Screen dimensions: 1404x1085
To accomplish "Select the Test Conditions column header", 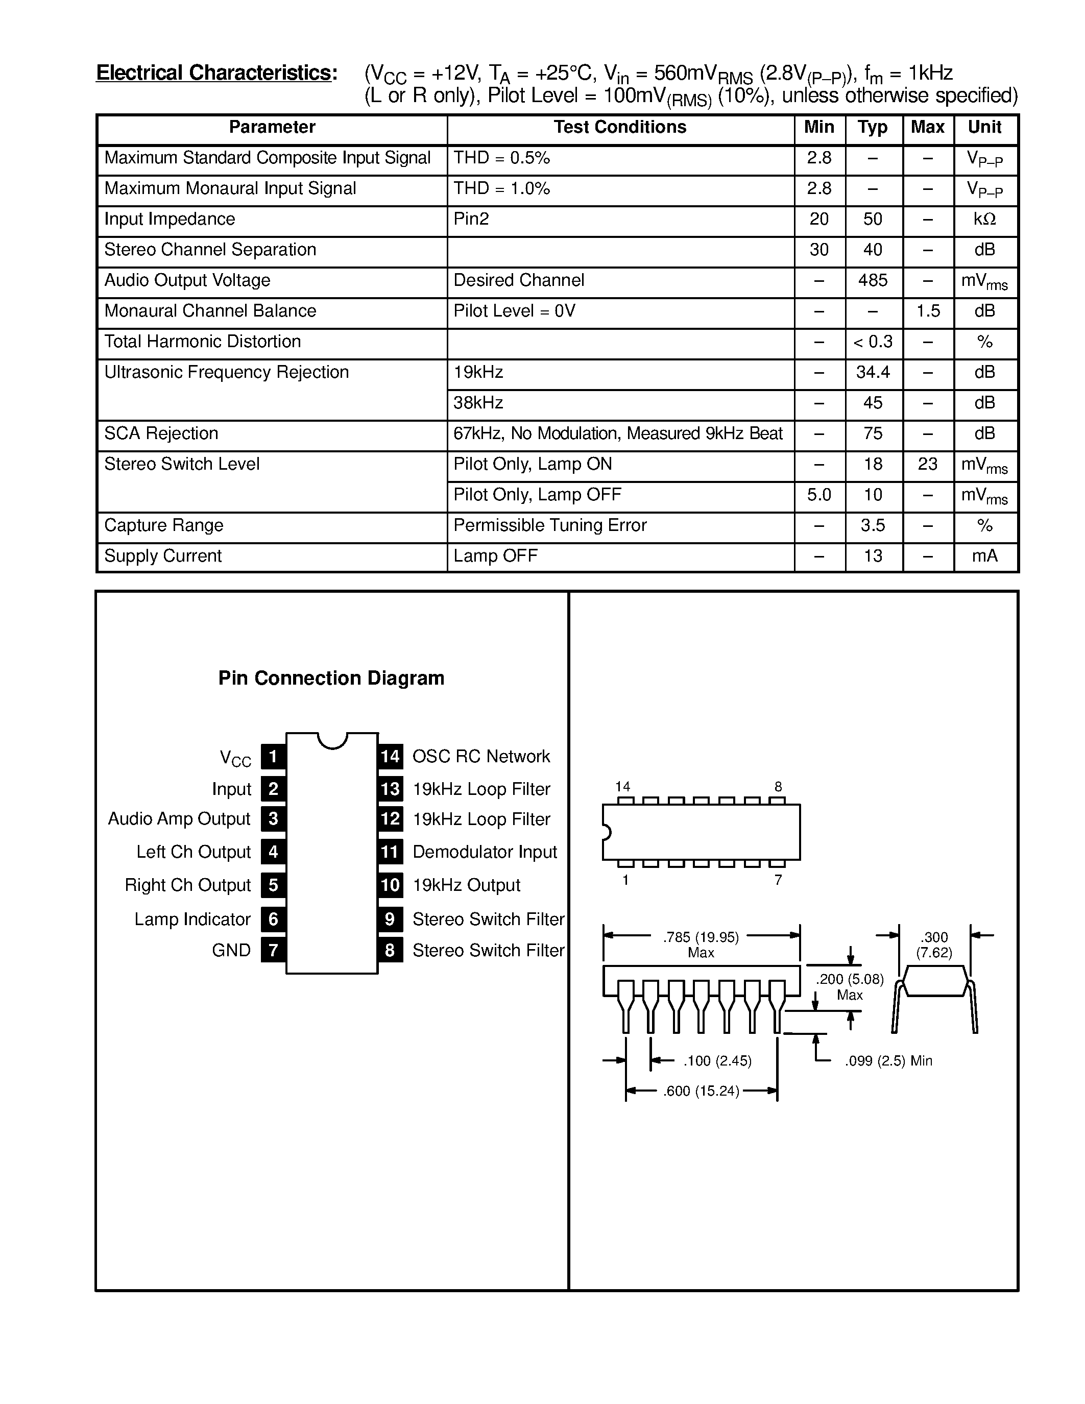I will (x=620, y=127).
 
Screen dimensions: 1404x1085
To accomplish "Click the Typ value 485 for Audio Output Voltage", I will (x=872, y=280).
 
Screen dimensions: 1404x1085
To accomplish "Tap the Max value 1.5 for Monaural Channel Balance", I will (x=928, y=311).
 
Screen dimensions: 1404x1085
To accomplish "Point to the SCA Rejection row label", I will (x=161, y=433).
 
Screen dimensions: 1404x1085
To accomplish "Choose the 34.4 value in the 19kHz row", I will (x=872, y=372).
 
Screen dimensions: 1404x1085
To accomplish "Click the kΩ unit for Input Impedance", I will (x=984, y=219).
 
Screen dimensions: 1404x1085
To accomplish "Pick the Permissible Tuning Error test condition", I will (x=549, y=525).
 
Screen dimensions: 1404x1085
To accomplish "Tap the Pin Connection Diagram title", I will (x=331, y=678).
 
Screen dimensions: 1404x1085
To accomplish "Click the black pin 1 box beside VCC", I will (x=273, y=757).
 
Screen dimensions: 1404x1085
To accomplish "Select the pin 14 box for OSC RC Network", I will (x=390, y=757).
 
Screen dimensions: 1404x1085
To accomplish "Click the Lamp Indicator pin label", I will (x=192, y=919).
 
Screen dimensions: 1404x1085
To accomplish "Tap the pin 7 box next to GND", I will (x=273, y=950).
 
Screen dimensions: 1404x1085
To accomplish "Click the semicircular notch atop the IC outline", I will (x=332, y=739).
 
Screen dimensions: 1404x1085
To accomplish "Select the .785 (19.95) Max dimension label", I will (x=701, y=945).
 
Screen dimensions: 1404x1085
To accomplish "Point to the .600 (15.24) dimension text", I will (x=701, y=1091).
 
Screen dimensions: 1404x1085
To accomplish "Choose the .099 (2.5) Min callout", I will (x=888, y=1061).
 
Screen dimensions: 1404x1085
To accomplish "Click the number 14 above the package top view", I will (x=622, y=786).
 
